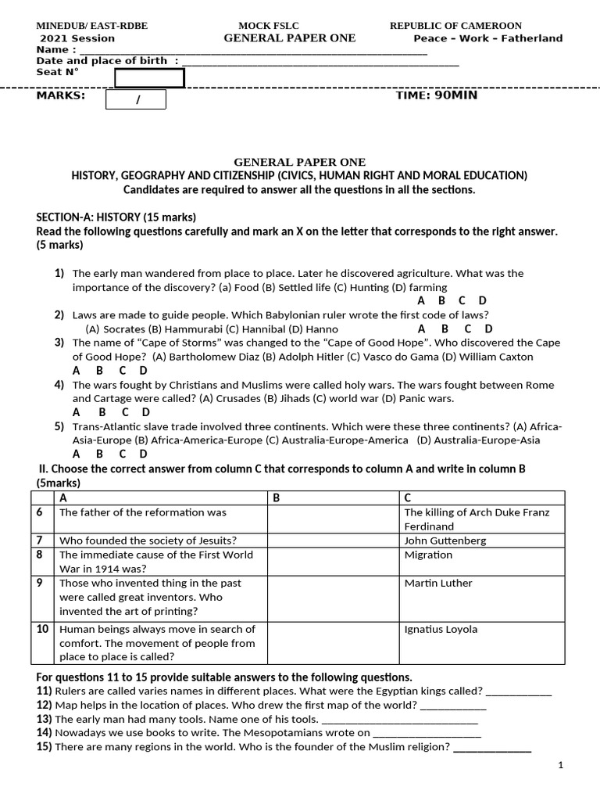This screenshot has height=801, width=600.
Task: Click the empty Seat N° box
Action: click(149, 78)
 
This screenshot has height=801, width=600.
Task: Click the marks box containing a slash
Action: click(137, 99)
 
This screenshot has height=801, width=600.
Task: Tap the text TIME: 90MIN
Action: click(437, 95)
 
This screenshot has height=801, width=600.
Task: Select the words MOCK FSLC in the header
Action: click(269, 26)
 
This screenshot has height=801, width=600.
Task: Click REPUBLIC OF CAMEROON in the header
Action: click(455, 26)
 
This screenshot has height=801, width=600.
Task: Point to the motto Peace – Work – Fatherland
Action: click(487, 38)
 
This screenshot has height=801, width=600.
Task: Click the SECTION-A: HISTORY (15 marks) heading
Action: click(116, 217)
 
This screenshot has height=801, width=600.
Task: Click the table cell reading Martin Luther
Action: click(438, 583)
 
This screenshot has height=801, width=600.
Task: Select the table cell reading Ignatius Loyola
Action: click(441, 629)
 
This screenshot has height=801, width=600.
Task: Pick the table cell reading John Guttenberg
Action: click(445, 541)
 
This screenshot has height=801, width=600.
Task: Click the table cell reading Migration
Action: click(428, 555)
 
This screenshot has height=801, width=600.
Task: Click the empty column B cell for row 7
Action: click(334, 541)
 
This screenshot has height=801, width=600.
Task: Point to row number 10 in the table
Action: click(42, 629)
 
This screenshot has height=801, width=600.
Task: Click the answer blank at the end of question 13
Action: click(399, 719)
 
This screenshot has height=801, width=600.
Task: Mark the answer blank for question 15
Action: click(492, 747)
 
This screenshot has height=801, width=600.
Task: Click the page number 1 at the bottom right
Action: click(561, 765)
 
